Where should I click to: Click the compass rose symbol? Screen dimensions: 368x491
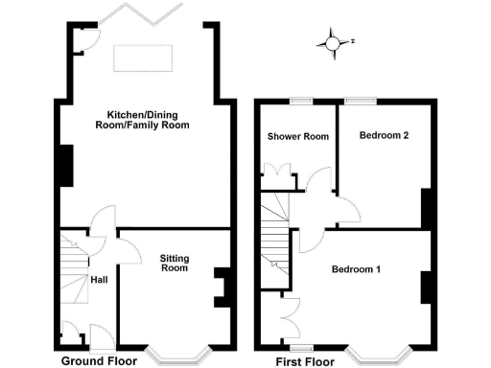[333, 42]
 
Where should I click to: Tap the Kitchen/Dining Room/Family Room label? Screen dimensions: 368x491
[142, 120]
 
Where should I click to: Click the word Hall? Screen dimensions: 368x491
[99, 280]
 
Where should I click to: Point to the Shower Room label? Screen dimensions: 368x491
[298, 137]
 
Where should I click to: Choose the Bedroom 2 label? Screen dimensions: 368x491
[385, 136]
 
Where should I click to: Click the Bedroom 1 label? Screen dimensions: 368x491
[356, 269]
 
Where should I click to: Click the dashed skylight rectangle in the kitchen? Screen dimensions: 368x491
[145, 57]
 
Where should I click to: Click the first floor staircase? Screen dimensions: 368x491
[275, 230]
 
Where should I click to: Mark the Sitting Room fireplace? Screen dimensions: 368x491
[220, 287]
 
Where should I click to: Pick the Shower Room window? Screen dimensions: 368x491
[304, 100]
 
